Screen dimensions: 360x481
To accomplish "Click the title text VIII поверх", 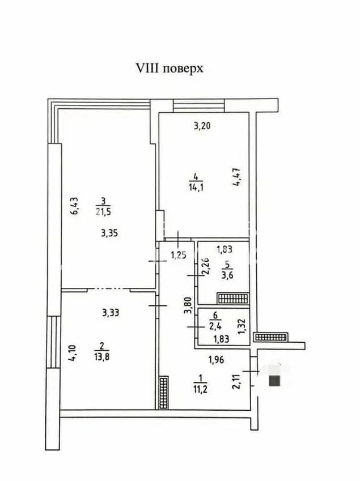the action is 170,69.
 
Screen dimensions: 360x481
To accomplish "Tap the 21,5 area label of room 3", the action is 103,212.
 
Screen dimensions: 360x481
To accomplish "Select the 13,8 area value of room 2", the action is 102,357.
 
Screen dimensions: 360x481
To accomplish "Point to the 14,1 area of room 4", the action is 196,187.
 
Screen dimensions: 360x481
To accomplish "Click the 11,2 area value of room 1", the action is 200,389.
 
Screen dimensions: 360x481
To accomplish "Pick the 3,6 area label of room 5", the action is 227,275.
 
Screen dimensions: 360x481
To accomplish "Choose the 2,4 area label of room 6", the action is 215,325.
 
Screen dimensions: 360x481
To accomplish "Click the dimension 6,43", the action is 75,206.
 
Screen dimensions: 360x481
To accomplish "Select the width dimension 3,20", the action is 202,126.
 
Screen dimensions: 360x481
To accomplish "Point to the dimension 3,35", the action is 109,233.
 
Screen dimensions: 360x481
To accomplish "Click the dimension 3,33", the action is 111,313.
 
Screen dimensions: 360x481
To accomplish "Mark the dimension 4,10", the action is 74,353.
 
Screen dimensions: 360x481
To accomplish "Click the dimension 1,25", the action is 179,255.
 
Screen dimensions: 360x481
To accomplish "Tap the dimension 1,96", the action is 216,360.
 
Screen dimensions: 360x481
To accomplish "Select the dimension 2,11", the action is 236,380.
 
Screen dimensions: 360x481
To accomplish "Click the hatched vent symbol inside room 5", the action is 232,298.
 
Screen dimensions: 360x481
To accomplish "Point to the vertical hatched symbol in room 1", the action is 164,393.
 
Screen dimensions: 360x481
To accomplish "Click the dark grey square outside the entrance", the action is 275,381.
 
